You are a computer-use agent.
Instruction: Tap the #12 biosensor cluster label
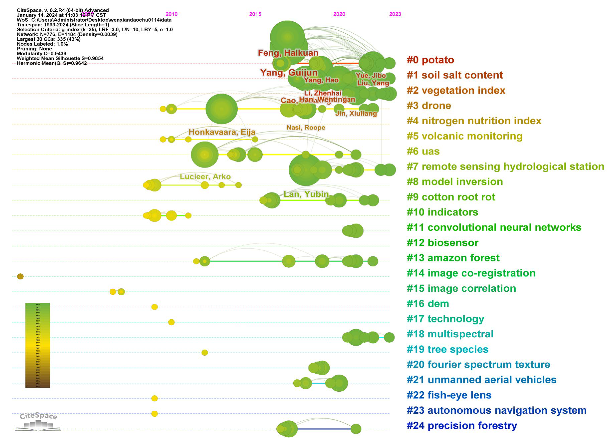click(x=442, y=243)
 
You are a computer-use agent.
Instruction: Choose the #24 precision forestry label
click(x=462, y=426)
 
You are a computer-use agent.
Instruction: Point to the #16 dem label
click(x=428, y=304)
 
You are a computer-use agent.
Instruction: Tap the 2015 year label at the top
click(x=255, y=14)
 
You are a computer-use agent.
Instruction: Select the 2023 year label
click(x=395, y=14)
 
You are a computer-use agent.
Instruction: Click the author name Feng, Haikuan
click(x=288, y=53)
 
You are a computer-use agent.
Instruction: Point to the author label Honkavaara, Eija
click(x=222, y=132)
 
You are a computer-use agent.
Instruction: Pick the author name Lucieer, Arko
click(x=205, y=177)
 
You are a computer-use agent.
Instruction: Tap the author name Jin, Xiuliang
click(x=356, y=113)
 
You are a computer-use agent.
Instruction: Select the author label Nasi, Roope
click(x=306, y=128)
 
